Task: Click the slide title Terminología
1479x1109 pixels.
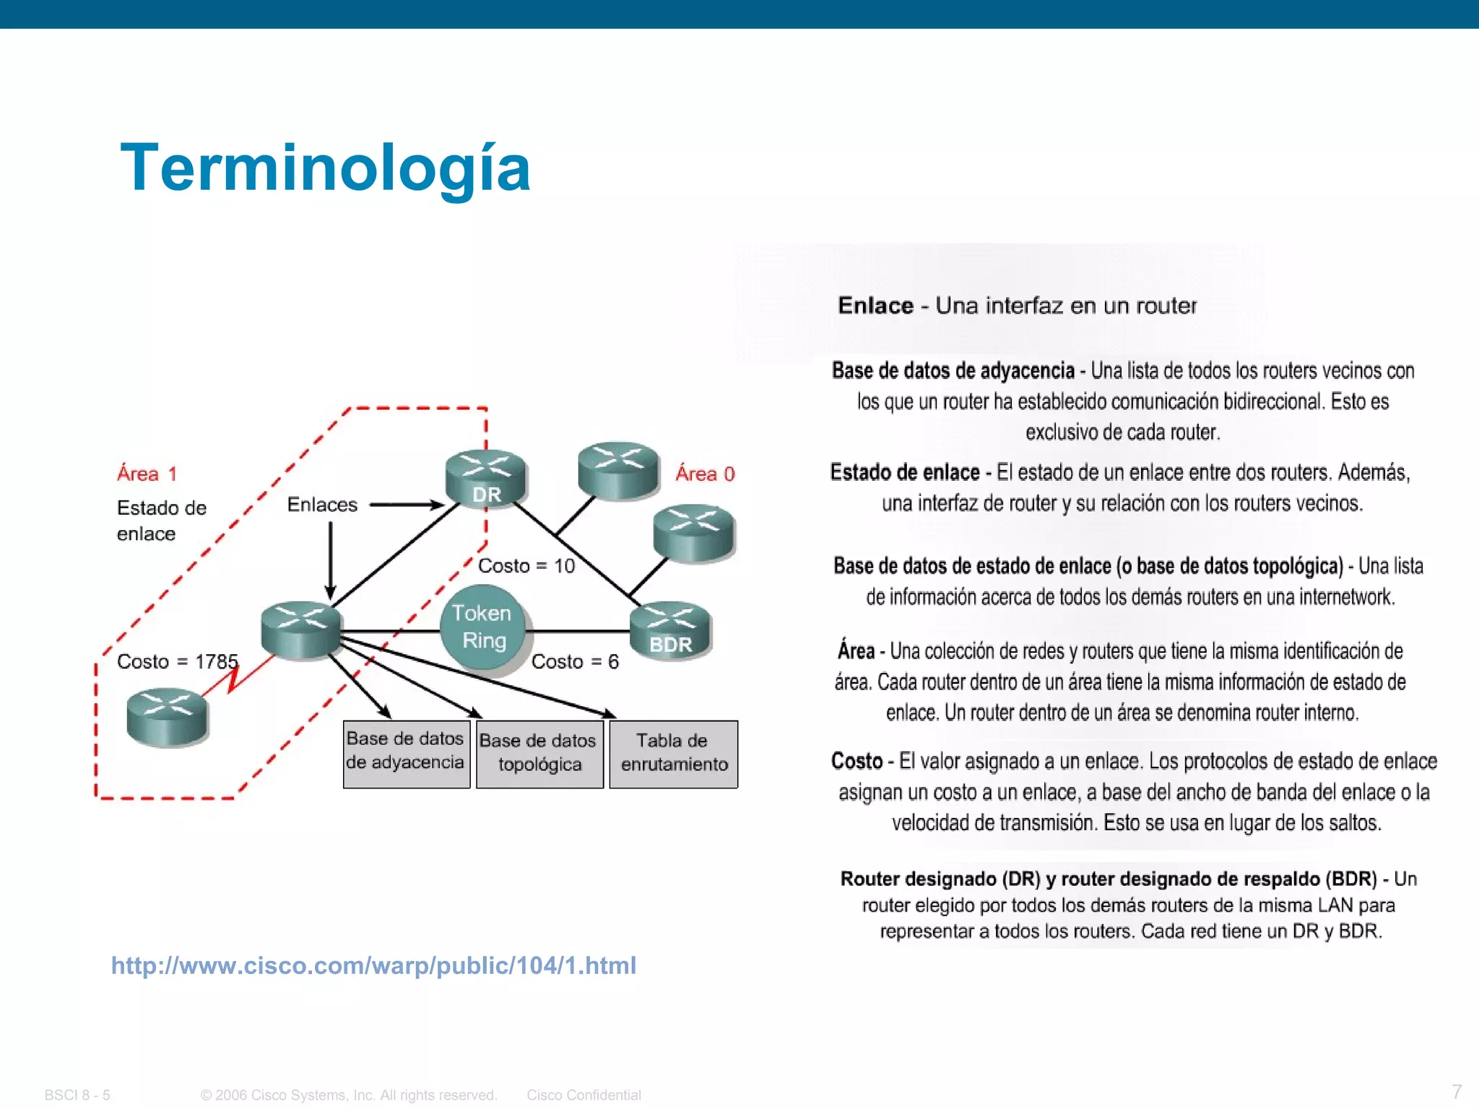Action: [325, 168]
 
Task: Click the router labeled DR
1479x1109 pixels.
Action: [486, 477]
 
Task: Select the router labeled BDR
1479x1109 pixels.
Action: [670, 628]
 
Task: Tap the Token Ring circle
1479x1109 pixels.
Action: [482, 627]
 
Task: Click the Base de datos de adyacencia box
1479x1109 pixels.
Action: [406, 753]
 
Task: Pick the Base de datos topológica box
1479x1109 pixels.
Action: [539, 753]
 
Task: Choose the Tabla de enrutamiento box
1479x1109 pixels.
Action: [673, 753]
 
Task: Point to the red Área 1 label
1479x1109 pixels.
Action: [147, 474]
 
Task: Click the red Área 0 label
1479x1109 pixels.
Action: [705, 474]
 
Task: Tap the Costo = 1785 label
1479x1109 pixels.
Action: [177, 661]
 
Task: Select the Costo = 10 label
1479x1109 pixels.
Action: [526, 565]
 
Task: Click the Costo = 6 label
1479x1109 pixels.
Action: [575, 661]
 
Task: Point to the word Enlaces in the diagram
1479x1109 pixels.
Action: [322, 505]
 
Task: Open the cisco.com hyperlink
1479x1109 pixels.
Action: [373, 965]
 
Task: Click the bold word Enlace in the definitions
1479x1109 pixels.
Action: [875, 306]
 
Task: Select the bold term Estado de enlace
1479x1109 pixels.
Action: [904, 472]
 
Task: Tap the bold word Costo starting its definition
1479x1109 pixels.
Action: [856, 761]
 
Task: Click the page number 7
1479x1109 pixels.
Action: [1457, 1091]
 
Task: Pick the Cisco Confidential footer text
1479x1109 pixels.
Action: [584, 1095]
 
